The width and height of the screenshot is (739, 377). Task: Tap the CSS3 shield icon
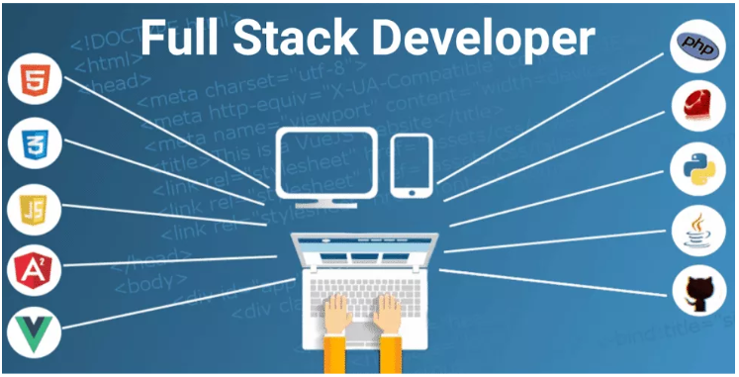click(x=32, y=145)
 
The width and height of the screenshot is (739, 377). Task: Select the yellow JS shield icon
click(x=32, y=210)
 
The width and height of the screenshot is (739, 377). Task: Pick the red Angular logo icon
click(x=32, y=269)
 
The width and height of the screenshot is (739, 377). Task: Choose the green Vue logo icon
click(x=32, y=331)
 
